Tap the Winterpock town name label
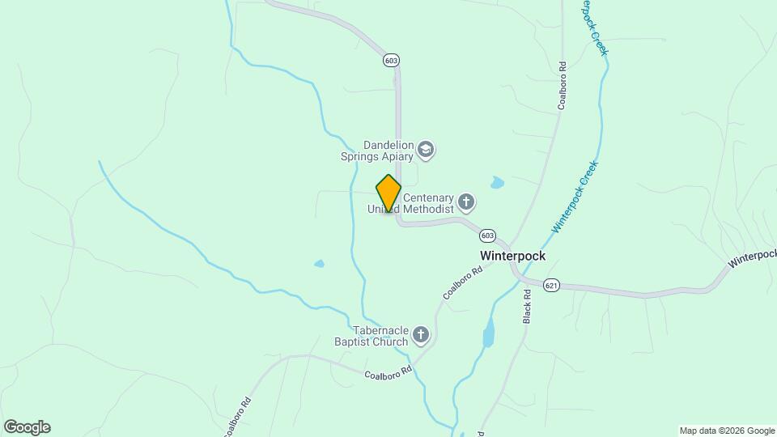(x=512, y=256)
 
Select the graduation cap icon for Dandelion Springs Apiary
(x=427, y=150)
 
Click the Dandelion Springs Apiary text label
(x=376, y=150)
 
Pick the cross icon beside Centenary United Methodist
(x=465, y=201)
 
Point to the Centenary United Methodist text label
(x=411, y=203)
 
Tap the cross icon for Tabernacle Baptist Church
(x=420, y=334)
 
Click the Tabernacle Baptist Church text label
(x=380, y=336)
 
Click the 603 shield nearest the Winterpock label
(x=486, y=235)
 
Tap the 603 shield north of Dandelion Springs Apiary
(x=392, y=61)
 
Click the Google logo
(x=27, y=427)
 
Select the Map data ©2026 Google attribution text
(x=726, y=431)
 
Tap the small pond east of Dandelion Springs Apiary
(x=497, y=183)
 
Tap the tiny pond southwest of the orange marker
(x=319, y=264)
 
